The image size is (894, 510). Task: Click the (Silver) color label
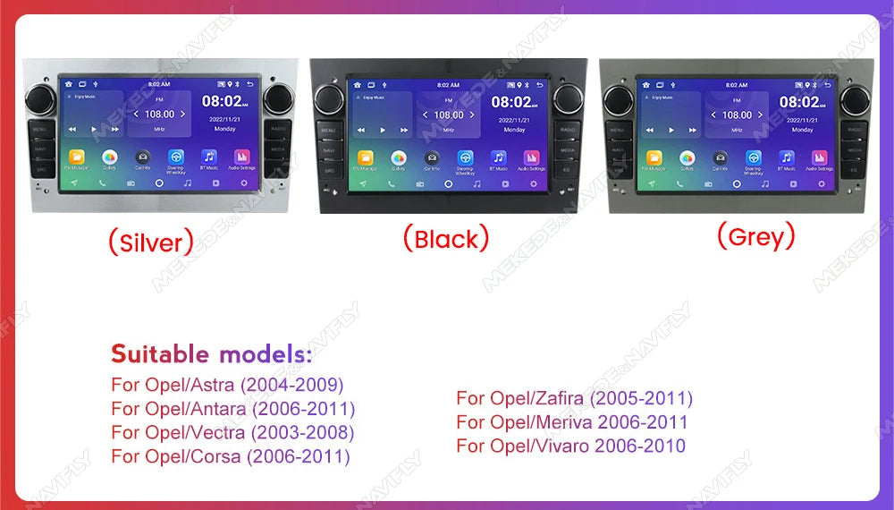click(x=150, y=242)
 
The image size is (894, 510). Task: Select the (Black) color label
click(x=445, y=238)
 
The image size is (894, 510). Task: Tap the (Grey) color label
click(x=755, y=236)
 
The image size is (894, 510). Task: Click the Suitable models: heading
click(x=212, y=353)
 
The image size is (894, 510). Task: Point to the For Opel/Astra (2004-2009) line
click(x=227, y=386)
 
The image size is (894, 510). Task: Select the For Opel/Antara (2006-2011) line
click(x=233, y=409)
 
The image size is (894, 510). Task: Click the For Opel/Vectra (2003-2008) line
click(x=232, y=432)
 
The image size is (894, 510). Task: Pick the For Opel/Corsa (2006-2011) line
click(x=231, y=456)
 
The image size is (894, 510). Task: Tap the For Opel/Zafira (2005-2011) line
click(x=574, y=398)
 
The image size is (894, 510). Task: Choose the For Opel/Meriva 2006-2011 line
click(x=572, y=422)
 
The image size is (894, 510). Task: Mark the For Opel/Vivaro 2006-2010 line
click(x=570, y=446)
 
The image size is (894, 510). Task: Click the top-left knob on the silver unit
click(x=40, y=98)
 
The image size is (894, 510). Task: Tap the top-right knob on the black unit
click(x=568, y=98)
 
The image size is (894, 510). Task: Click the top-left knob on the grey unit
click(x=618, y=98)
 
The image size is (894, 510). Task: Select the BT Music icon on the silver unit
click(x=209, y=157)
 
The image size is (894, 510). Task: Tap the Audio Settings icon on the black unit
click(x=531, y=158)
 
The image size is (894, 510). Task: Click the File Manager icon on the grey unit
click(x=654, y=158)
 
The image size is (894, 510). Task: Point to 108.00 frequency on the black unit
click(x=449, y=115)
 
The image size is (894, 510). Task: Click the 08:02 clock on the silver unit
click(x=221, y=101)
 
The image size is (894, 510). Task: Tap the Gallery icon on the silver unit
click(x=110, y=157)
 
